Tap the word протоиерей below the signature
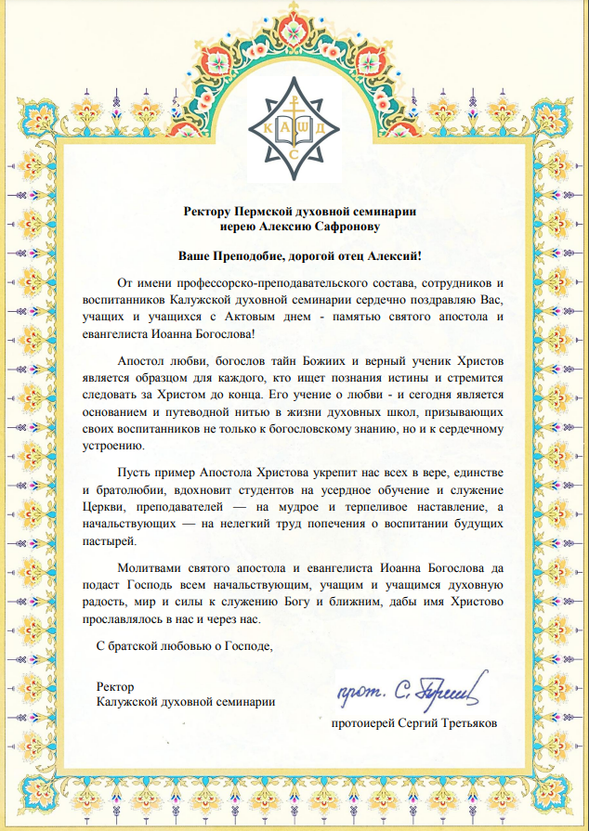(x=363, y=720)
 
